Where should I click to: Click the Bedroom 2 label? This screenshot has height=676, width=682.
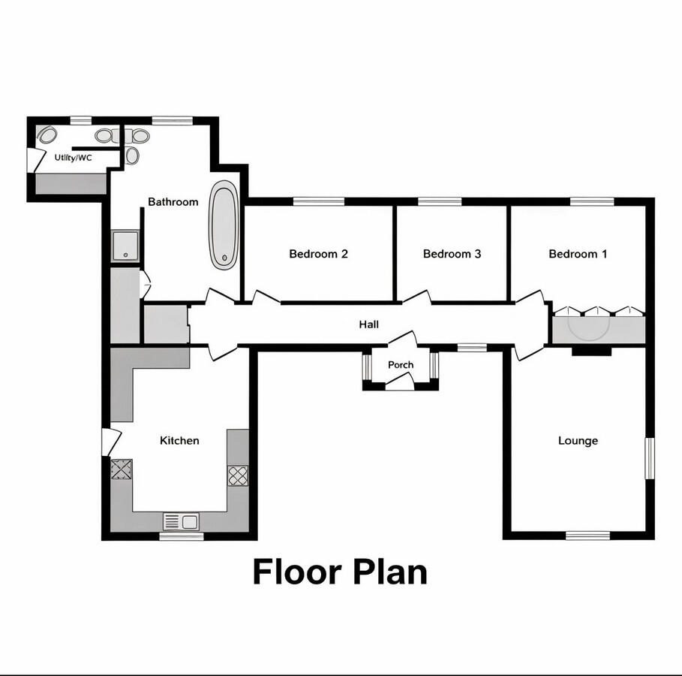pyautogui.click(x=318, y=254)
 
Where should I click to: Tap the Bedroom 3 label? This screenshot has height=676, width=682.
pyautogui.click(x=452, y=254)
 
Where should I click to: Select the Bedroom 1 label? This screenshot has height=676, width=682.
pyautogui.click(x=578, y=254)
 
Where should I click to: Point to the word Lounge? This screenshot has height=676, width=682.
pyautogui.click(x=578, y=441)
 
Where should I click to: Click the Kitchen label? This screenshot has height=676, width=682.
pyautogui.click(x=179, y=440)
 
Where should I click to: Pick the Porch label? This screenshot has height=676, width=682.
pyautogui.click(x=401, y=364)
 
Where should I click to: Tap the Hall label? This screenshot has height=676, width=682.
pyautogui.click(x=369, y=324)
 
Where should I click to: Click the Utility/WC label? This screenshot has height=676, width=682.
pyautogui.click(x=73, y=157)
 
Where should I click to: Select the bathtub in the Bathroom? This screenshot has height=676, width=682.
pyautogui.click(x=224, y=225)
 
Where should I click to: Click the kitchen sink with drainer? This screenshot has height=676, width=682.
pyautogui.click(x=182, y=521)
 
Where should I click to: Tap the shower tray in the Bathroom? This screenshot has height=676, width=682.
pyautogui.click(x=125, y=246)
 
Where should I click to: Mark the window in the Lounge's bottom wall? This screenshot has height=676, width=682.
pyautogui.click(x=588, y=536)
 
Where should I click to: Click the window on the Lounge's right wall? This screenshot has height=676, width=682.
pyautogui.click(x=650, y=458)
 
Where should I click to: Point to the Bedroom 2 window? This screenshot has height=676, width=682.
pyautogui.click(x=319, y=201)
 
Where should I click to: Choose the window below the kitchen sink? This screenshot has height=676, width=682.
pyautogui.click(x=182, y=536)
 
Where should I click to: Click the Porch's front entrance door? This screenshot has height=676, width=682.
pyautogui.click(x=399, y=383)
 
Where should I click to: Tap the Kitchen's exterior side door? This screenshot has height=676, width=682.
pyautogui.click(x=111, y=442)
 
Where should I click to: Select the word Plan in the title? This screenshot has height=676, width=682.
pyautogui.click(x=390, y=572)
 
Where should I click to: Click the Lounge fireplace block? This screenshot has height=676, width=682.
pyautogui.click(x=591, y=351)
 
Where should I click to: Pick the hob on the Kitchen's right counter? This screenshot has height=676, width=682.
pyautogui.click(x=238, y=475)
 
